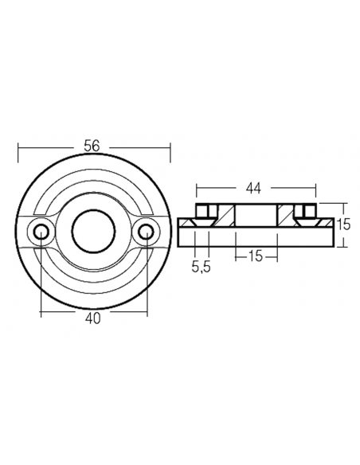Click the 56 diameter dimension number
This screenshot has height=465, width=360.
(x=94, y=146)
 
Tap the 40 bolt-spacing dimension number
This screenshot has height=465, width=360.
(x=94, y=318)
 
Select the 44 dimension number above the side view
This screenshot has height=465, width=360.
(x=254, y=188)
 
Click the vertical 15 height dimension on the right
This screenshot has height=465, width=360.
(x=343, y=225)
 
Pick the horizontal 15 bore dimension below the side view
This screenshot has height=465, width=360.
(x=256, y=257)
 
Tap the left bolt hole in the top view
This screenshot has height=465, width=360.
(x=40, y=232)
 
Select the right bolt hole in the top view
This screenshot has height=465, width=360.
(x=146, y=232)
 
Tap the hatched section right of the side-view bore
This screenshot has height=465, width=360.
(x=284, y=215)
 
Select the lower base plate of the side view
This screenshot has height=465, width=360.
(x=255, y=236)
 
